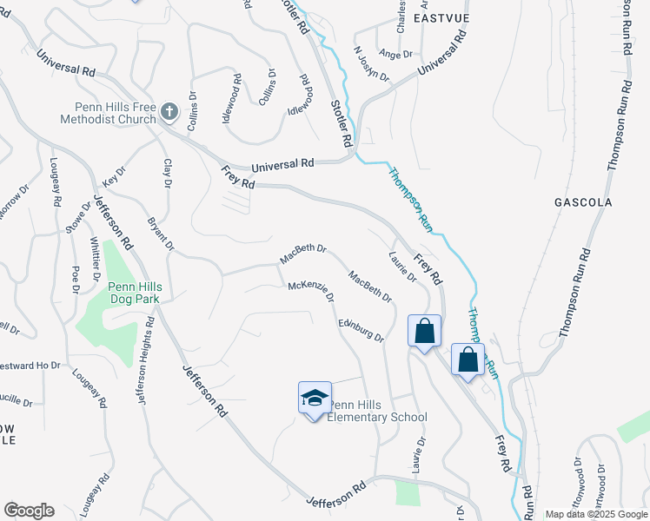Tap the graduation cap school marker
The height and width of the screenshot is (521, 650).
[315, 399]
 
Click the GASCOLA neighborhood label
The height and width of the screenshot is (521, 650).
[583, 202]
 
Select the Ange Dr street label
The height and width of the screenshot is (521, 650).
[395, 54]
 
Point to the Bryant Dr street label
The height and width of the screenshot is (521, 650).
[158, 232]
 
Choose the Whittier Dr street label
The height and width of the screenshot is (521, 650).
[94, 254]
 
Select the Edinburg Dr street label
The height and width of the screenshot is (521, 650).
[361, 330]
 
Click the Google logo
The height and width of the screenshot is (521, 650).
[29, 511]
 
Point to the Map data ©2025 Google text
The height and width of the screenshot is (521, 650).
[596, 514]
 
